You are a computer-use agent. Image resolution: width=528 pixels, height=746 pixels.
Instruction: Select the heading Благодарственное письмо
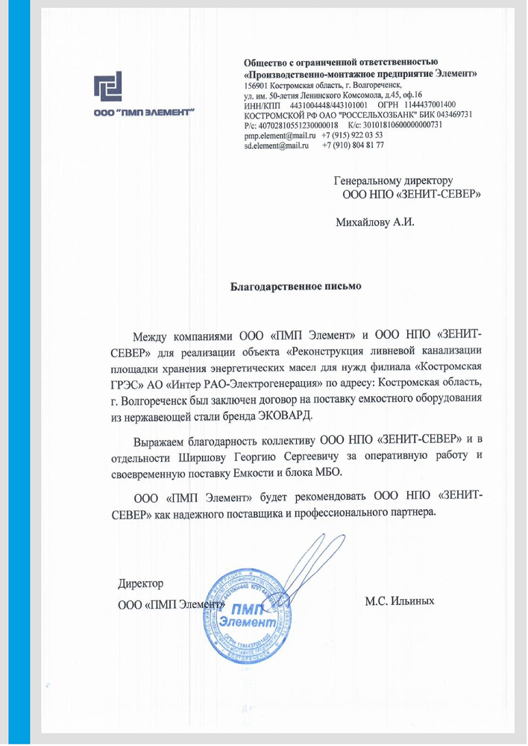[x=295, y=285]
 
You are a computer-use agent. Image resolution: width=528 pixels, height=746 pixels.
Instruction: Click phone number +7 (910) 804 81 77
[x=353, y=145]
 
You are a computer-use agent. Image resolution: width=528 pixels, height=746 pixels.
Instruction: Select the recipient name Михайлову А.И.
[x=374, y=222]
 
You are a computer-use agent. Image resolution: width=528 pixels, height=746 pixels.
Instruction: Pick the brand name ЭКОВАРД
[x=284, y=415]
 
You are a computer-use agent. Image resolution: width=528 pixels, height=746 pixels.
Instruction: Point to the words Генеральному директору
[x=394, y=181]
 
